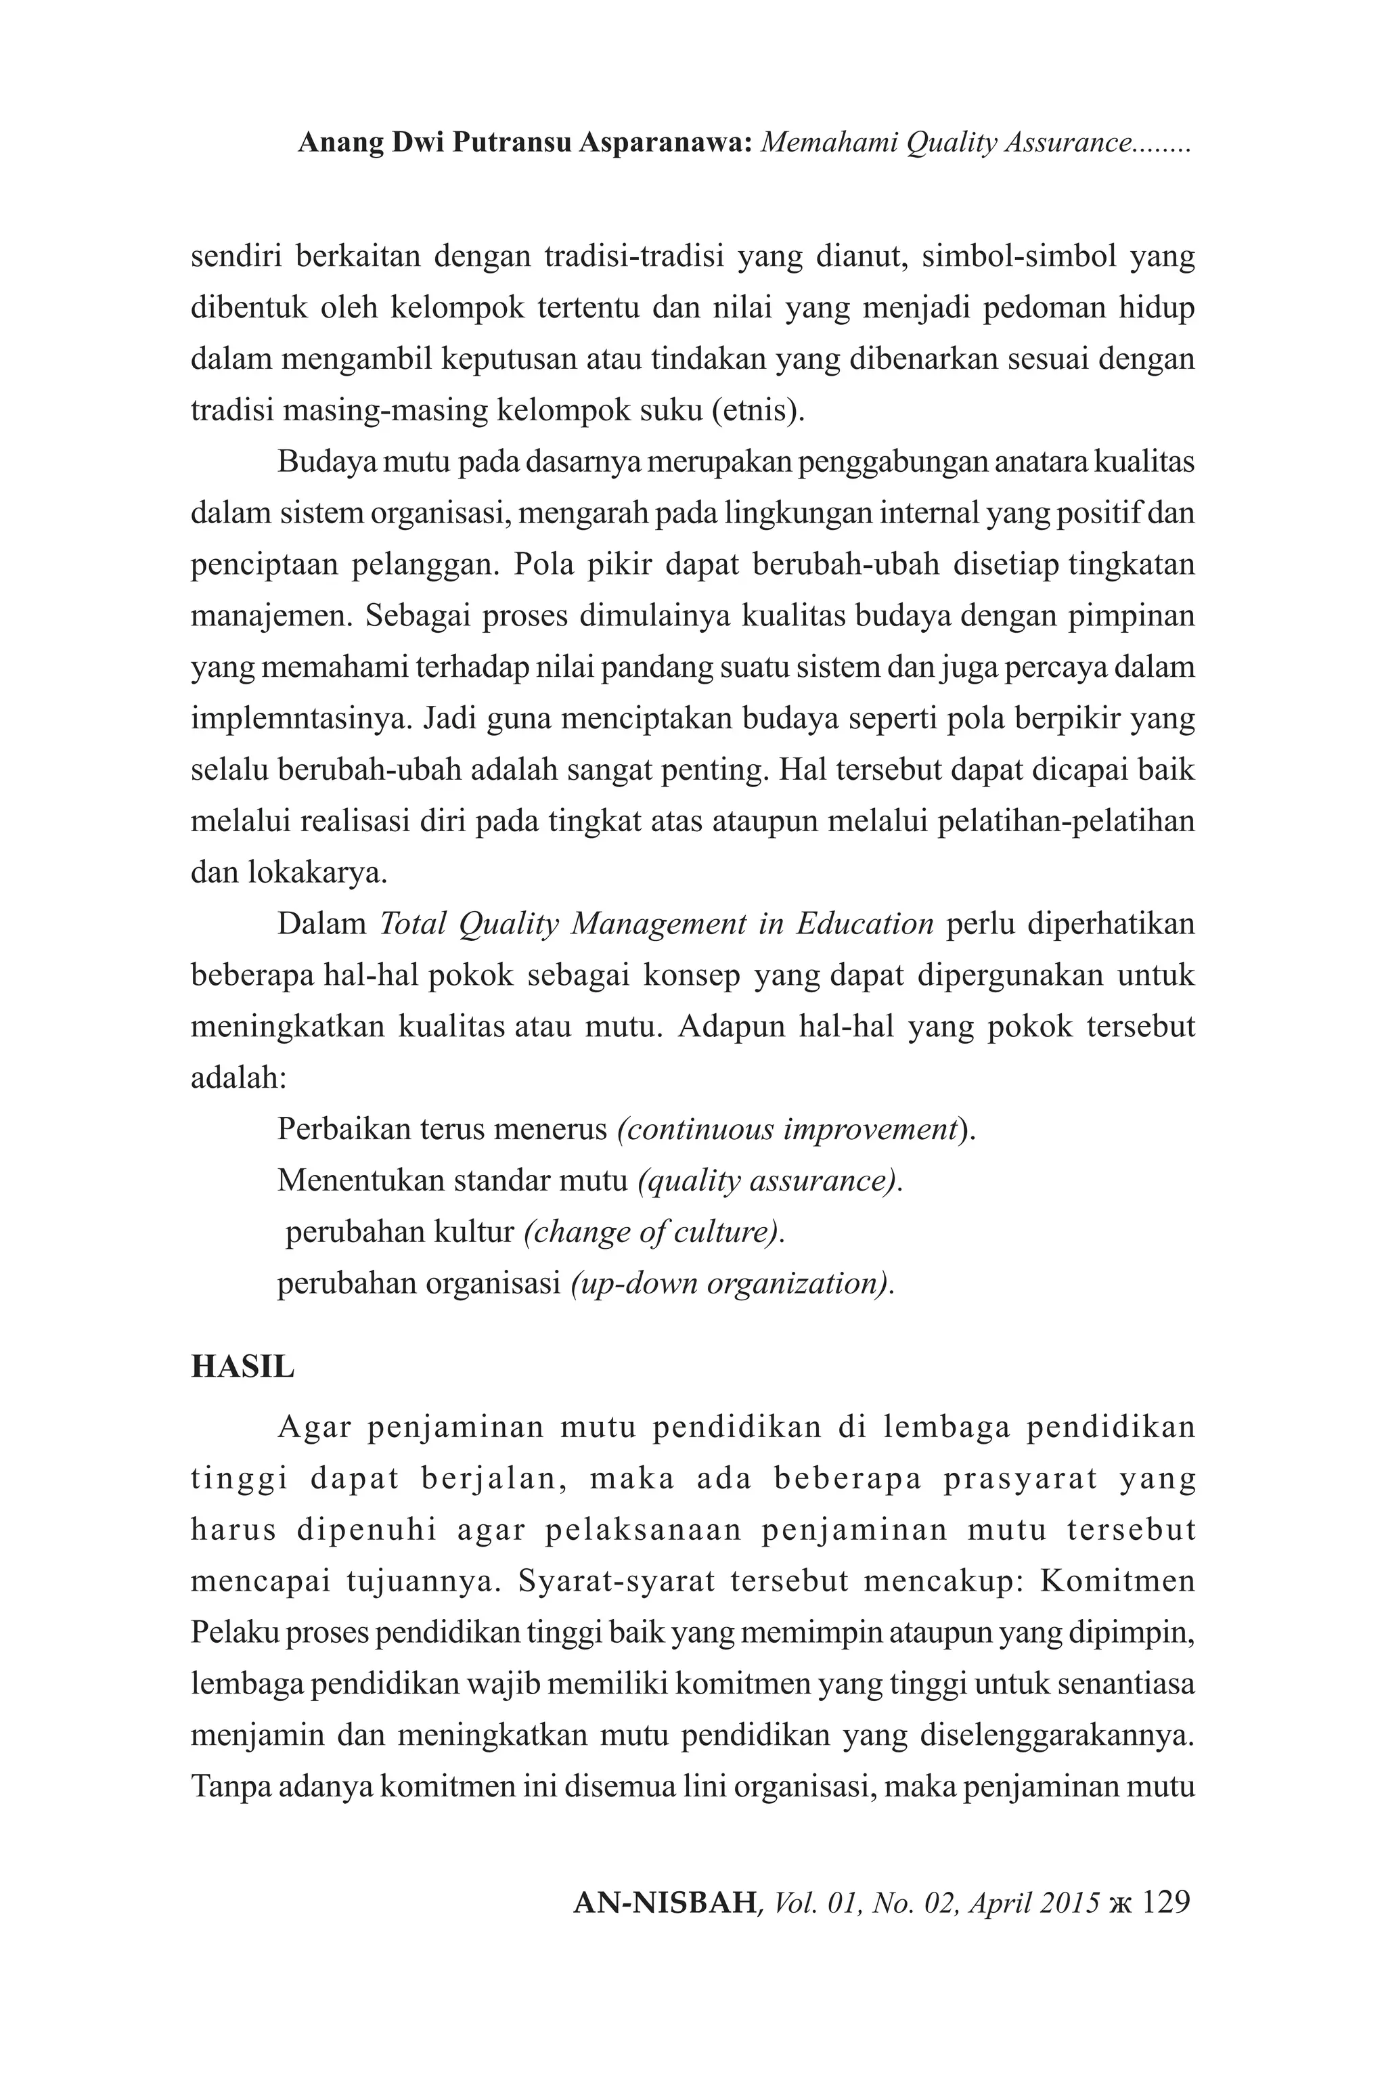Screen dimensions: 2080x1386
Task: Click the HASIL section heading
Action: click(242, 1367)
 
